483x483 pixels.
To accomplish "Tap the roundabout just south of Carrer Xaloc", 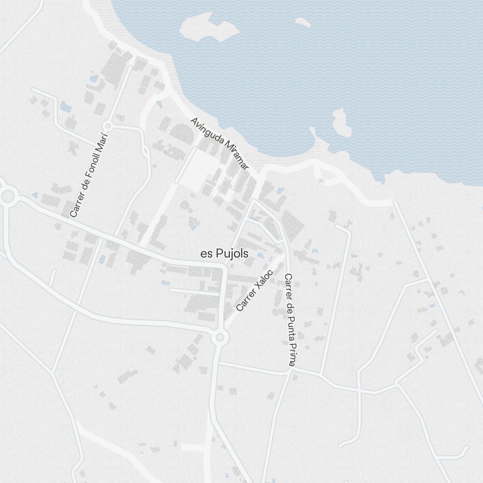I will [220, 337].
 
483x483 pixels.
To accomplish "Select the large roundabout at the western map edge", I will [8, 196].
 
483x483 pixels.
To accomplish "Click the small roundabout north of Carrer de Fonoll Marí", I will [108, 126].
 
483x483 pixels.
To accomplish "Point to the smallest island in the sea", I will [303, 22].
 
